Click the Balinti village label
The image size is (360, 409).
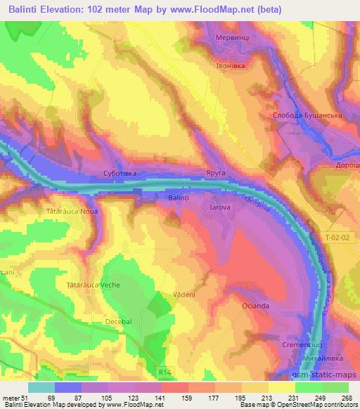178,198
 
